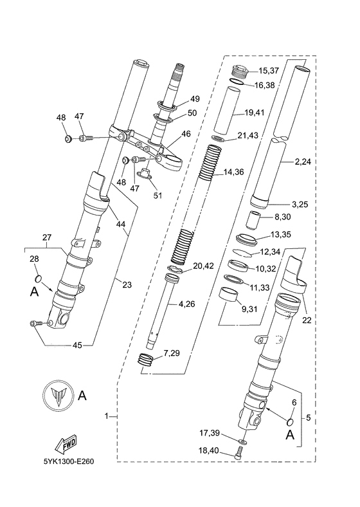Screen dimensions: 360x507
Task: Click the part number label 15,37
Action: pyautogui.click(x=269, y=71)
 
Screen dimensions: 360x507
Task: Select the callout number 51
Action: pyautogui.click(x=157, y=196)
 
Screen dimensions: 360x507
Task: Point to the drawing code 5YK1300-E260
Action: pyautogui.click(x=69, y=461)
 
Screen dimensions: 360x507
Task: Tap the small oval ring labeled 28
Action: pyautogui.click(x=39, y=279)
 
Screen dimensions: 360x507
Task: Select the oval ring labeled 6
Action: pyautogui.click(x=290, y=421)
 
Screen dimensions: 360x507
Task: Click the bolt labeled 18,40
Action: pyautogui.click(x=239, y=452)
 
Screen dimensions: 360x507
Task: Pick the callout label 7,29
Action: pyautogui.click(x=172, y=353)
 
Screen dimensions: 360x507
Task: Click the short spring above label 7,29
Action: pyautogui.click(x=146, y=359)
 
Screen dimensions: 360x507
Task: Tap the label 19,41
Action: pyautogui.click(x=255, y=113)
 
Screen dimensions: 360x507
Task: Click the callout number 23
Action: pyautogui.click(x=127, y=284)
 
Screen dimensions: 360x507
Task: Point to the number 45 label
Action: pyautogui.click(x=77, y=346)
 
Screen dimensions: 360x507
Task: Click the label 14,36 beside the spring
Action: pyautogui.click(x=233, y=172)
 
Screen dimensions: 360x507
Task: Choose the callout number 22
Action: pyautogui.click(x=307, y=320)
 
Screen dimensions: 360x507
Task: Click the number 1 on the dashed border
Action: pyautogui.click(x=107, y=416)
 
